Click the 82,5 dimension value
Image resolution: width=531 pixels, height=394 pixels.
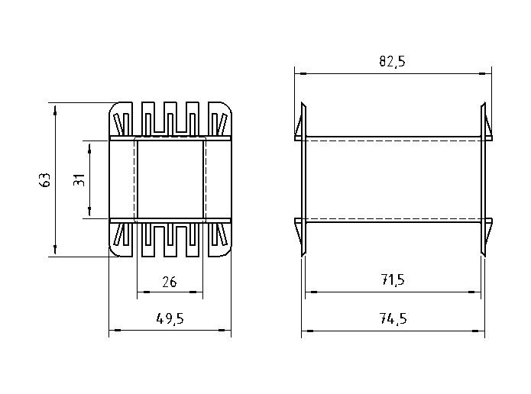coord(392,61)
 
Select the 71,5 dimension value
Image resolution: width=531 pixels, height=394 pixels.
coord(393,280)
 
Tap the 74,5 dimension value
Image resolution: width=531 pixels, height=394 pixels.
coord(393,318)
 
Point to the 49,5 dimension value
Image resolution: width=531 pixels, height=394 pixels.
coord(170,318)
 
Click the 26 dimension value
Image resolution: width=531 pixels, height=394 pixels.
coord(170,282)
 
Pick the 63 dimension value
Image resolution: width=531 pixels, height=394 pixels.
coord(45,179)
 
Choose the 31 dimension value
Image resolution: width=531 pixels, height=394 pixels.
coord(79,179)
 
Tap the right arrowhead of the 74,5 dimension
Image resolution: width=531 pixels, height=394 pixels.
coord(478,331)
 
